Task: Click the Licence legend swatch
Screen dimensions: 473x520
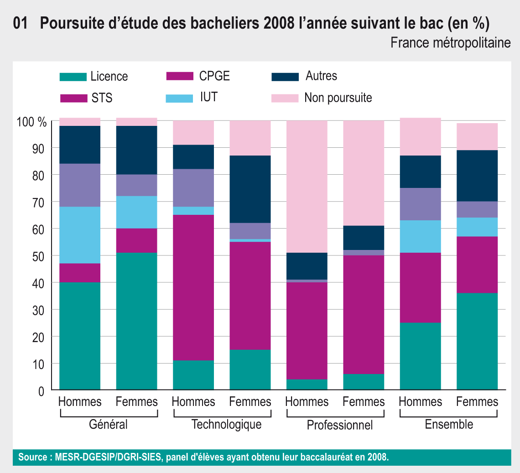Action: tap(73, 77)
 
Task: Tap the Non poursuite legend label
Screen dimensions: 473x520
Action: tap(338, 98)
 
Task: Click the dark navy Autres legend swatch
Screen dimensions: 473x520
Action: tap(285, 77)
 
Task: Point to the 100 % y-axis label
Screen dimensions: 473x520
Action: tap(31, 122)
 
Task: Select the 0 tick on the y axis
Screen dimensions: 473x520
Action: tap(41, 391)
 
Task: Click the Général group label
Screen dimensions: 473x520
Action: tap(108, 425)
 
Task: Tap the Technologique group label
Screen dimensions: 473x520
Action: tap(226, 425)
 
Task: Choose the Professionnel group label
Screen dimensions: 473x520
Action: tap(339, 426)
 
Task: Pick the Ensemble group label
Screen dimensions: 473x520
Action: tap(449, 425)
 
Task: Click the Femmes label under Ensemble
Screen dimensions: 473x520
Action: tap(477, 402)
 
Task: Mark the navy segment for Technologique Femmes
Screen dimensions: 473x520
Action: tap(250, 189)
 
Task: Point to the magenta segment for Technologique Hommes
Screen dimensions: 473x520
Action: tap(193, 287)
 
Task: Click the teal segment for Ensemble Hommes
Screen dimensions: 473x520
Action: tap(420, 356)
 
